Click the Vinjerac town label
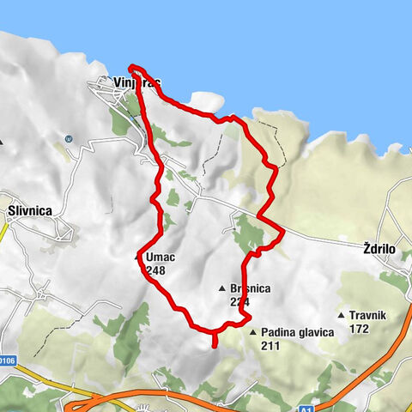[136, 83]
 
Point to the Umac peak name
[160, 257]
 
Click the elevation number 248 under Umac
[155, 270]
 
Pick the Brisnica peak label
[251, 289]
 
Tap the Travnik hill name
[371, 315]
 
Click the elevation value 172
[360, 328]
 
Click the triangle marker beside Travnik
[342, 315]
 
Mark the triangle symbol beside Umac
[138, 257]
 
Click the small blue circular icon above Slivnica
[67, 137]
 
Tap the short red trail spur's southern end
[214, 346]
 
